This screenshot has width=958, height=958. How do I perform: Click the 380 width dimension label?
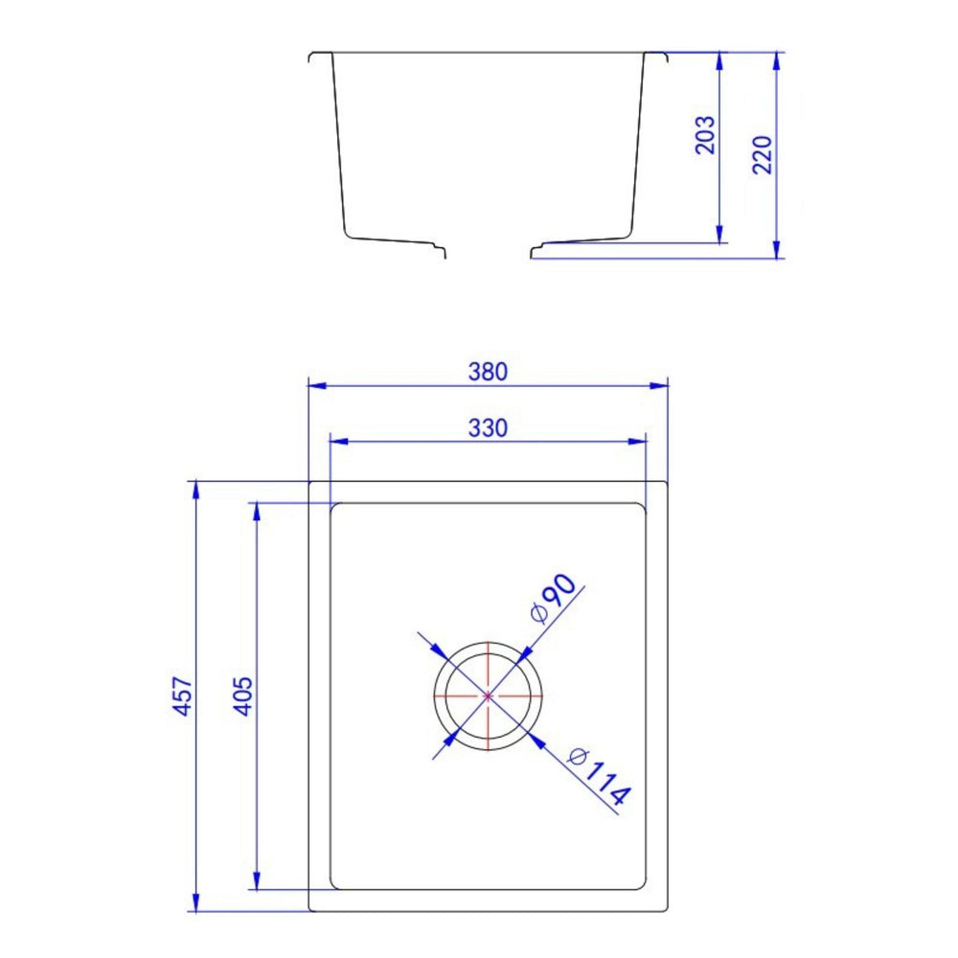[x=488, y=372]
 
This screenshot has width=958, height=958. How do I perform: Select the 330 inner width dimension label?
[x=488, y=428]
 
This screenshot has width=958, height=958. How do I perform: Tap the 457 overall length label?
[x=183, y=696]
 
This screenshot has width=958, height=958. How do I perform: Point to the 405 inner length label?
[x=243, y=696]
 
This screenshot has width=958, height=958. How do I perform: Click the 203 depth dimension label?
[x=705, y=135]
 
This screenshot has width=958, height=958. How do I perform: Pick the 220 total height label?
[x=762, y=155]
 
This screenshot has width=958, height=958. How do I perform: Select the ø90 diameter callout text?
[x=553, y=599]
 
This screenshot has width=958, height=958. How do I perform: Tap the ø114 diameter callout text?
[x=598, y=776]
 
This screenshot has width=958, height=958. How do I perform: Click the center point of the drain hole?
[x=488, y=696]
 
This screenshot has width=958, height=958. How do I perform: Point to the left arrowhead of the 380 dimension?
[x=316, y=385]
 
